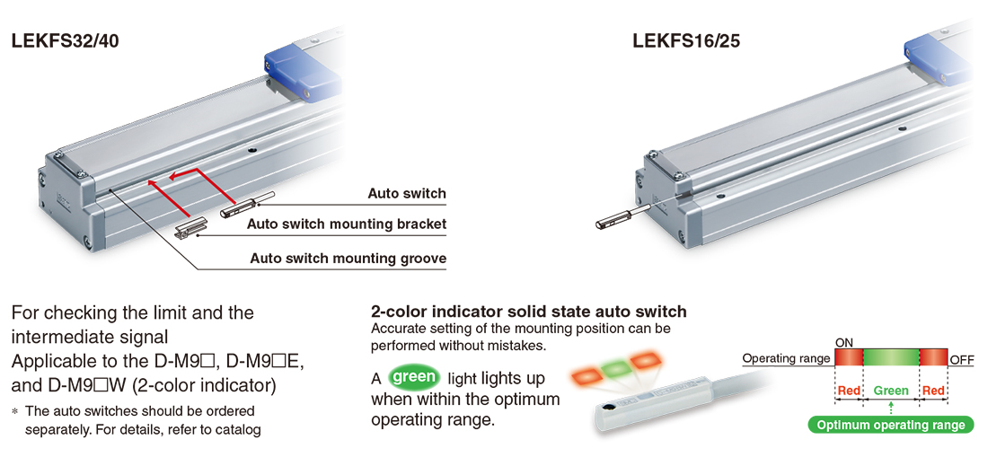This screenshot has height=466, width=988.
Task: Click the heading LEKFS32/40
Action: [x=65, y=41]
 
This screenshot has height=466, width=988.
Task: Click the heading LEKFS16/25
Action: [x=686, y=41]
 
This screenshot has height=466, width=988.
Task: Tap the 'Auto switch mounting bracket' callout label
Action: [x=347, y=224]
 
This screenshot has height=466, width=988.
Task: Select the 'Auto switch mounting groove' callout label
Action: [x=348, y=259]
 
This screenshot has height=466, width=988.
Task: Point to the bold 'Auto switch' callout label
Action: [x=407, y=193]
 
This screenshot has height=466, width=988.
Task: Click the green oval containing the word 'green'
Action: [x=415, y=376]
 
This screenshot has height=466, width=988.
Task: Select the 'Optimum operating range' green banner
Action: [x=890, y=425]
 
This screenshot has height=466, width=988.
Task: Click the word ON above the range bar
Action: [x=843, y=343]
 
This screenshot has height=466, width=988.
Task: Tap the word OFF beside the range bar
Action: [x=962, y=360]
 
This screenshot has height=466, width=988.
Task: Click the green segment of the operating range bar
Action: [x=891, y=357]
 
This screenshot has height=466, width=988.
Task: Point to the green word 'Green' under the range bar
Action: [x=891, y=391]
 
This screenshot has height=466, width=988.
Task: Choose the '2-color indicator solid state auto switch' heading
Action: [x=529, y=311]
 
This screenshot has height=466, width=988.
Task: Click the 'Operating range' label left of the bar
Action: [x=786, y=358]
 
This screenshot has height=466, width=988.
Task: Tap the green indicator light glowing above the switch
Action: [x=613, y=369]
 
